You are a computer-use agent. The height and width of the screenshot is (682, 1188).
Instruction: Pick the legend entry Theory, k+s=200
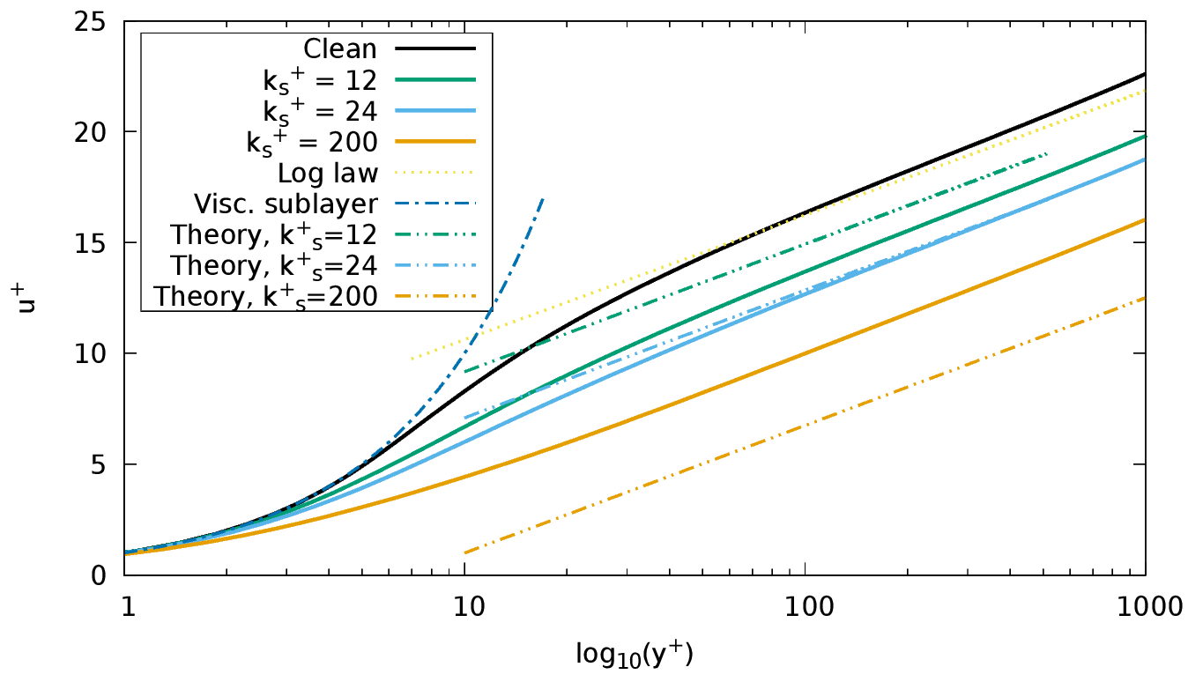(266, 297)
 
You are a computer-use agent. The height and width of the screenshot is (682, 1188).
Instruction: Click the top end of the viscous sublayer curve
(543, 198)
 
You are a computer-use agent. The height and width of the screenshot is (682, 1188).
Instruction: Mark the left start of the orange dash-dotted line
(464, 553)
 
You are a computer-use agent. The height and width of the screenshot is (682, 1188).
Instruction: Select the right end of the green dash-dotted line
(1047, 153)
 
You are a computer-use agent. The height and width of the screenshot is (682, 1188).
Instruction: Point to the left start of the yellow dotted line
(412, 359)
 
